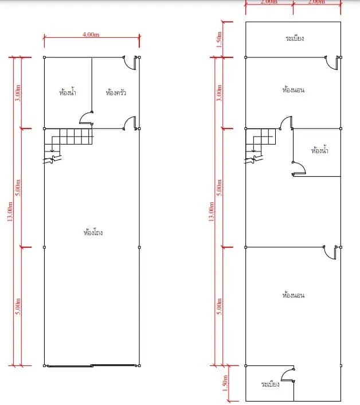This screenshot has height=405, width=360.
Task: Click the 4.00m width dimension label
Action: (91, 34)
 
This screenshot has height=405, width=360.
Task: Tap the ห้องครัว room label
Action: (116, 92)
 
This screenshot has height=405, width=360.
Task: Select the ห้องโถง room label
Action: (93, 232)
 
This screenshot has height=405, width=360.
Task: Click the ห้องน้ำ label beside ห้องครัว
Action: (68, 92)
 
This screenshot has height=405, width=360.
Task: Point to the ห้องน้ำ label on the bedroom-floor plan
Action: (320, 150)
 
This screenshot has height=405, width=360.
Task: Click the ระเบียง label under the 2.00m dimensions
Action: (295, 38)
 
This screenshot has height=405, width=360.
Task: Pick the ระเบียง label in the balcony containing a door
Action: (270, 384)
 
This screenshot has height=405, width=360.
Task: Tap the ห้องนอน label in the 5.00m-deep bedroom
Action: (294, 295)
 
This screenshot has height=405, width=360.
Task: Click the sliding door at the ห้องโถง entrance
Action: (92, 365)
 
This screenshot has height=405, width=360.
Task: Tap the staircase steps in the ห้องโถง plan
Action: (69, 141)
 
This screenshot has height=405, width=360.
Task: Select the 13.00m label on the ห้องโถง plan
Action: (10, 212)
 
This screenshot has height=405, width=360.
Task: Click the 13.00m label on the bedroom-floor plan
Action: (211, 212)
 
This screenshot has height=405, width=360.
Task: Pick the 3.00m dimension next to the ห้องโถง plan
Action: (18, 93)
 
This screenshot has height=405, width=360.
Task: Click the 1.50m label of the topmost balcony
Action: (219, 40)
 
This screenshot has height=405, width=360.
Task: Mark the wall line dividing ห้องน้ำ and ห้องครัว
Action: (92, 85)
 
